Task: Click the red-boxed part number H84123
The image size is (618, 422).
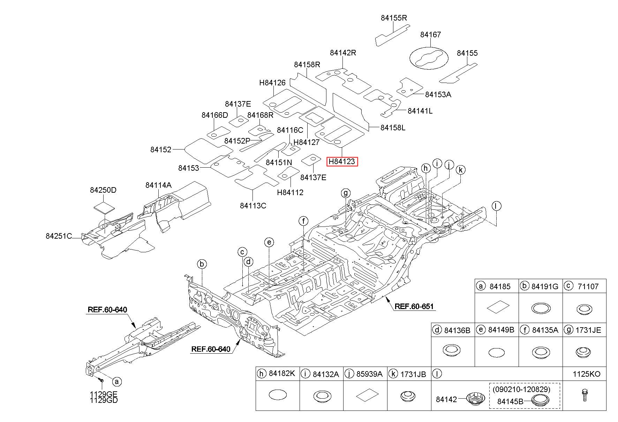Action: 342,162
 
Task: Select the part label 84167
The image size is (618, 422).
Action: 430,34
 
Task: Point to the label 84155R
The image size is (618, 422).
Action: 394,18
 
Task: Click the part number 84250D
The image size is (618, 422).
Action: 103,190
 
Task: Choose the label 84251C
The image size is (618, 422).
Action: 59,236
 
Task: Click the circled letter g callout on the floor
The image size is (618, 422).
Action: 346,193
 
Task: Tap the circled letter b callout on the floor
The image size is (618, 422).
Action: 202,264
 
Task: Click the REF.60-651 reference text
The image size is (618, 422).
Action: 414,307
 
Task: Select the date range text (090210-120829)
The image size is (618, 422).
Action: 521,389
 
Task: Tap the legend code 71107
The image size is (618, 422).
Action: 587,286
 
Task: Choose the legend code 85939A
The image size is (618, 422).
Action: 369,374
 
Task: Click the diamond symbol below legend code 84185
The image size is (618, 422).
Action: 498,307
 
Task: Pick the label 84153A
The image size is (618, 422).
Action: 438,94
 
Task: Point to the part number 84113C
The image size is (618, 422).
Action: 253,206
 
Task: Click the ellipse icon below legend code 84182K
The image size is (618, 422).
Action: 278,395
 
